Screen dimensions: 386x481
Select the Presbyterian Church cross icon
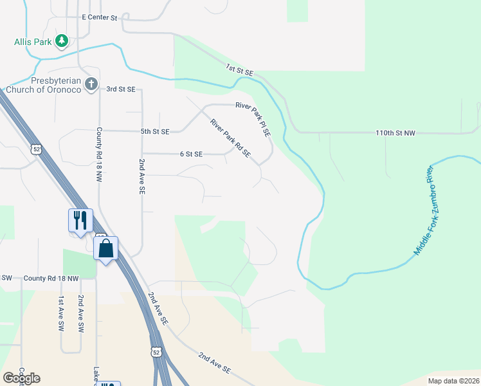pos(91,84)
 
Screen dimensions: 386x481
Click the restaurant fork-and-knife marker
pos(80,220)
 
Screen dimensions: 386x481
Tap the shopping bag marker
pos(106,248)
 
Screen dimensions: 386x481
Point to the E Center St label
pos(100,18)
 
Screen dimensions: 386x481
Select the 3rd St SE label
pos(121,89)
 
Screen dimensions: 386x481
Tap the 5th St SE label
pos(155,131)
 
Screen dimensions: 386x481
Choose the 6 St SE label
pos(191,154)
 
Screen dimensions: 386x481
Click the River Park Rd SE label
pos(230,138)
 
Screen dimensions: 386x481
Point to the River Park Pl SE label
pos(253,118)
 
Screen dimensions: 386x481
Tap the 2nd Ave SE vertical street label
pos(142,177)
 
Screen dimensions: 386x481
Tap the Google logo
pos(21,378)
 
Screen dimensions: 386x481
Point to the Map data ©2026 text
pos(453,381)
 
